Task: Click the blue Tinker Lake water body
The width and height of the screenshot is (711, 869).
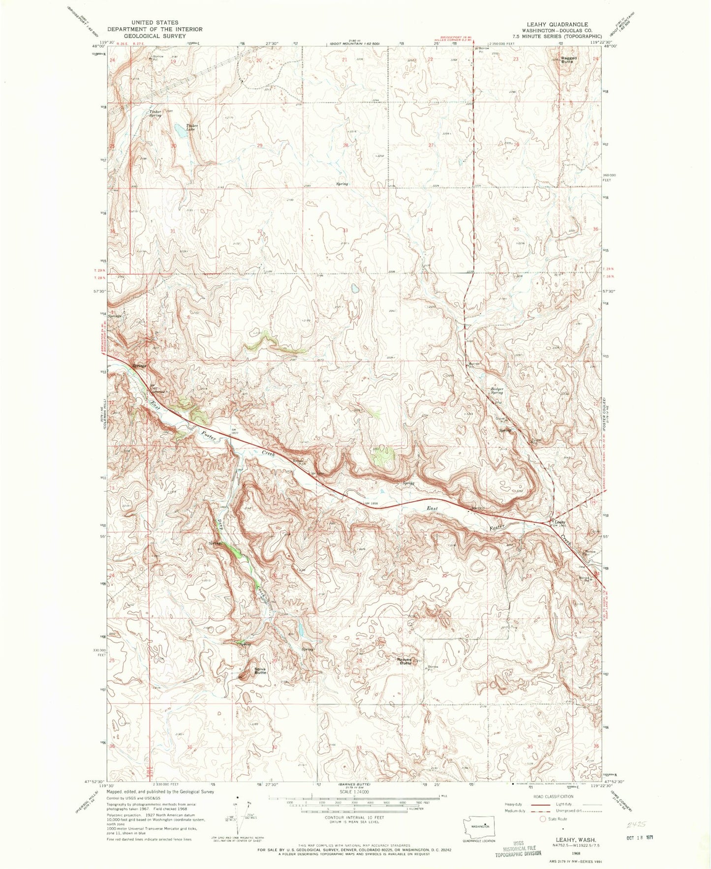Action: [176, 130]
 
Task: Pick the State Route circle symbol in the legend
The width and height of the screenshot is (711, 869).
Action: [543, 819]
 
